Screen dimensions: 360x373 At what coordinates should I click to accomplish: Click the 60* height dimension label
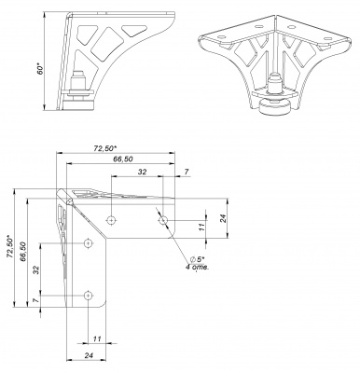[x=40, y=70]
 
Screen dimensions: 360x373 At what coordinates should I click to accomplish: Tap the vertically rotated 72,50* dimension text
[x=10, y=246]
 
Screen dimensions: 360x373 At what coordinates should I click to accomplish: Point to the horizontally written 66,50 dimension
[x=122, y=159]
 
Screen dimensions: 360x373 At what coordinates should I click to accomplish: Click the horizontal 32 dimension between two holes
[x=142, y=172]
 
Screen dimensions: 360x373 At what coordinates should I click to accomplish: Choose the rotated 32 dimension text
[x=36, y=269]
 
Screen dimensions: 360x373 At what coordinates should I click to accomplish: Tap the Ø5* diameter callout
[x=197, y=259]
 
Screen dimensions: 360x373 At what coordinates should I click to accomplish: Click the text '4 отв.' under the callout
[x=197, y=267]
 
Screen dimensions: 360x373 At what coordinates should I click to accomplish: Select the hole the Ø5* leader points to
[x=163, y=220]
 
